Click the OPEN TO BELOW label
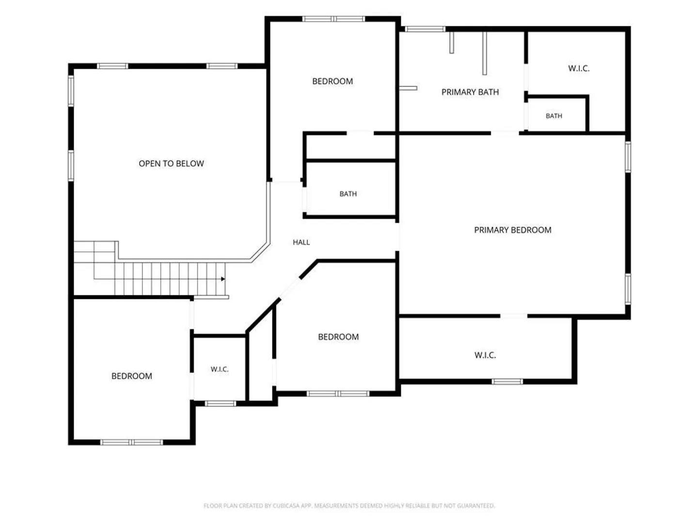click(x=171, y=164)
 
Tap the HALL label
click(x=301, y=242)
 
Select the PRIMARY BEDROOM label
click(x=513, y=230)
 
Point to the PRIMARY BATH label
click(x=470, y=92)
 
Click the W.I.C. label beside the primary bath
click(x=579, y=68)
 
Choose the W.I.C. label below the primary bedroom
click(x=485, y=355)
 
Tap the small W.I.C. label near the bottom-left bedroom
click(x=220, y=369)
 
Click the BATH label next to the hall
click(x=348, y=194)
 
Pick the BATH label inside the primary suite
click(x=554, y=116)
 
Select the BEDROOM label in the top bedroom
click(x=333, y=81)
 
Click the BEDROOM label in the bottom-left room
click(x=132, y=376)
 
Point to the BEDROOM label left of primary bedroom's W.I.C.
click(x=338, y=337)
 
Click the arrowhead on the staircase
click(x=223, y=279)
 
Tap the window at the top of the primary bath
click(x=425, y=29)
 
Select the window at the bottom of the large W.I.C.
click(x=507, y=382)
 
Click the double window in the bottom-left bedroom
click(x=132, y=442)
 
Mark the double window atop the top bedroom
click(x=333, y=19)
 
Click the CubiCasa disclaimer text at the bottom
click(x=349, y=506)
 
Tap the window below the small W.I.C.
click(x=221, y=403)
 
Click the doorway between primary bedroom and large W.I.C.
click(x=513, y=316)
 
